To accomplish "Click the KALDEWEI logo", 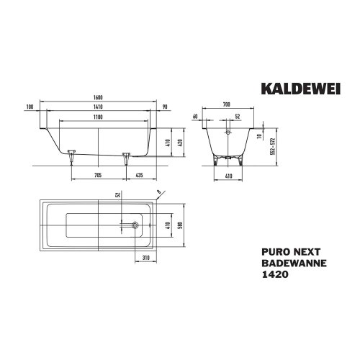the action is pyautogui.click(x=301, y=89).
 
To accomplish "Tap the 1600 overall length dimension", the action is pyautogui.click(x=98, y=97).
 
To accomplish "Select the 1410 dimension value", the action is pyautogui.click(x=98, y=107).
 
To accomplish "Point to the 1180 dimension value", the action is pyautogui.click(x=98, y=117).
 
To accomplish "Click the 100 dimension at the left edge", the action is pyautogui.click(x=30, y=107).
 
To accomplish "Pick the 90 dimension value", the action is pyautogui.click(x=165, y=107).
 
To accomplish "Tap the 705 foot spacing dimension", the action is pyautogui.click(x=98, y=175).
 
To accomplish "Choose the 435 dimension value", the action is pyautogui.click(x=139, y=175).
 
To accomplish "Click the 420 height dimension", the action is pyautogui.click(x=181, y=143).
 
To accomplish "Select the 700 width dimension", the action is pyautogui.click(x=226, y=104).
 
